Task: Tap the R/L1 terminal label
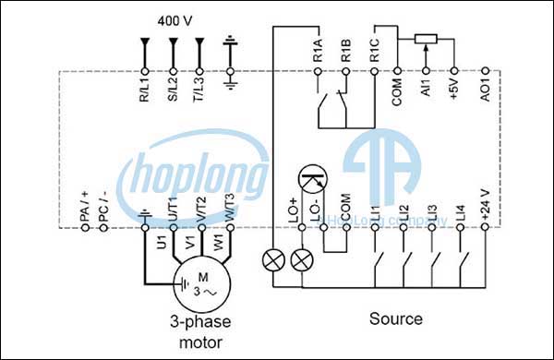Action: (144, 89)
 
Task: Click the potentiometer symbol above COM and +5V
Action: (425, 38)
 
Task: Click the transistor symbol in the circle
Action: (314, 181)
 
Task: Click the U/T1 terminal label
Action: (173, 208)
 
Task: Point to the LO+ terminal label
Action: (295, 210)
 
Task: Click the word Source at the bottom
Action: (396, 319)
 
